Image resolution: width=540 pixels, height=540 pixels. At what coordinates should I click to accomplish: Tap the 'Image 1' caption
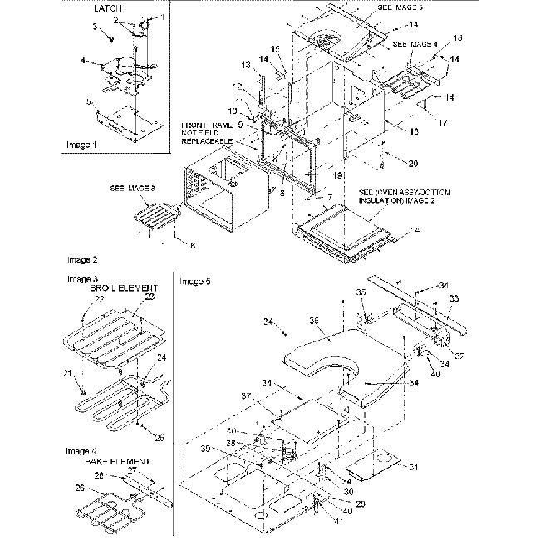coord(81,145)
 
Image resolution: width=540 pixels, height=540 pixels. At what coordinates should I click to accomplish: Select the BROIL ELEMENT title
coord(107,287)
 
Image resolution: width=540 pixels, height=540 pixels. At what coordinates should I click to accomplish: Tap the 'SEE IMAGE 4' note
coord(415,43)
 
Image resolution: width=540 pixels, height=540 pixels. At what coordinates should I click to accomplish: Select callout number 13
coord(246,65)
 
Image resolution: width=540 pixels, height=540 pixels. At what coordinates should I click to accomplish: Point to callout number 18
coord(457,39)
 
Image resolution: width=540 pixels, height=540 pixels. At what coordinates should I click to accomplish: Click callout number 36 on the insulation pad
coord(313,319)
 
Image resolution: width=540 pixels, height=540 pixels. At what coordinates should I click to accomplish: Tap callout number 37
coord(245,397)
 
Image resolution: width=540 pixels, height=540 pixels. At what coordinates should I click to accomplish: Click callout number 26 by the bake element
coord(81,488)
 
